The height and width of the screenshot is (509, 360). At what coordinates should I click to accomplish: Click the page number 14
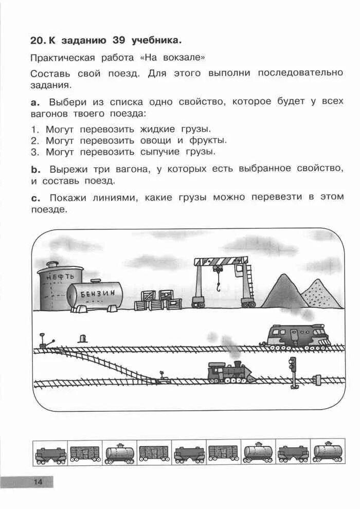tap(38, 482)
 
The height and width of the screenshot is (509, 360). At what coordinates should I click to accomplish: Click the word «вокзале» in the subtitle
tap(185, 57)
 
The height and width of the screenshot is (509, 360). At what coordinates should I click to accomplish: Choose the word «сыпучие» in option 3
tap(160, 152)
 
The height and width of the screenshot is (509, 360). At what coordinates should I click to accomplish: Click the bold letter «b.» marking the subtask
tap(35, 169)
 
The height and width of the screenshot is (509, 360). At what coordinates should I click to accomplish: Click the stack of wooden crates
tap(157, 301)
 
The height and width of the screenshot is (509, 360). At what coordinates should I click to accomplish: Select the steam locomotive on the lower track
tap(229, 372)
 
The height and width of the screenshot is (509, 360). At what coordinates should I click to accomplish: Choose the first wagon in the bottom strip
tap(50, 453)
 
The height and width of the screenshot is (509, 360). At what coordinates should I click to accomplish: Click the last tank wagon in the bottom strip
tap(327, 452)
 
